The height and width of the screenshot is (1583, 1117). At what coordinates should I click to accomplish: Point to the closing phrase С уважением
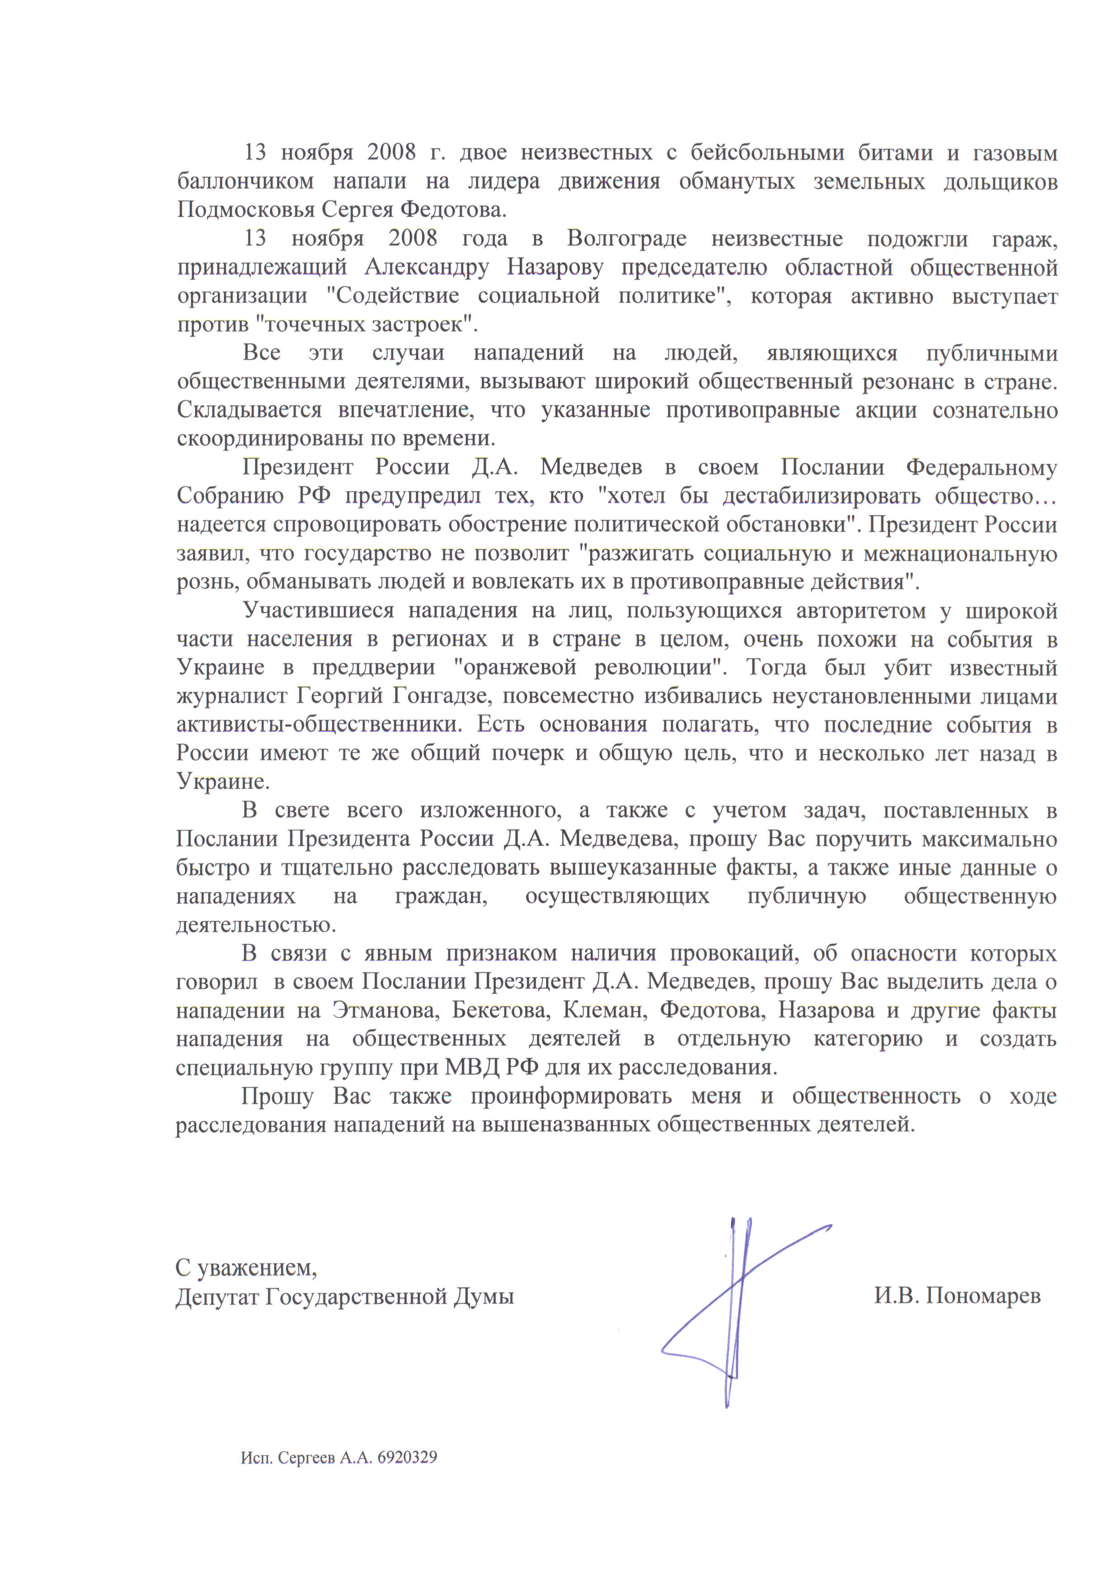coord(246,1267)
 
